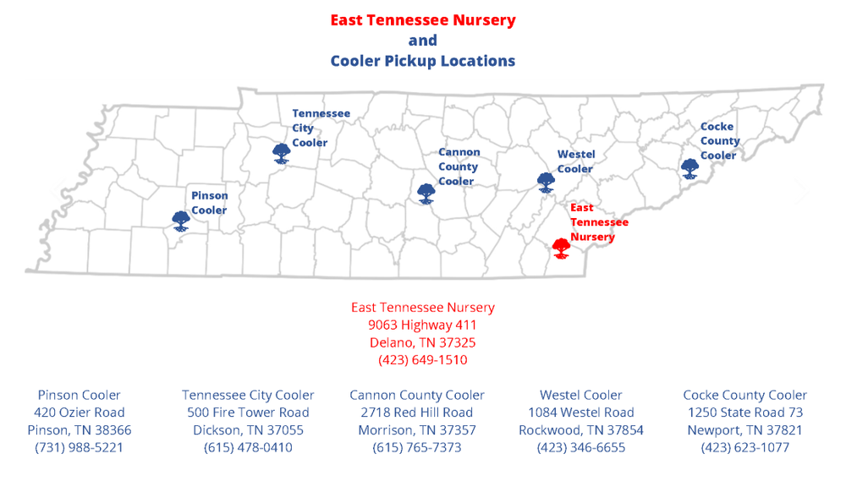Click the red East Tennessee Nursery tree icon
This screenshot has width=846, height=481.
pos(560,248)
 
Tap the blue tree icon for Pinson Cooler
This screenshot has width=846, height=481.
pos(180,221)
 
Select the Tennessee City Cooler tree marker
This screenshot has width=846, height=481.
pos(282,153)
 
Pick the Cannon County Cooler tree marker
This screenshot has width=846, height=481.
pos(426,194)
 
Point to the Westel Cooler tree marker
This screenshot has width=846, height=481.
pos(547,183)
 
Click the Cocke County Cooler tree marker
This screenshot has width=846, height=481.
pos(690,169)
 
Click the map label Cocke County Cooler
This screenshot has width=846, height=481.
pos(719,141)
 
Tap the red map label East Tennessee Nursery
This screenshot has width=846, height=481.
pos(598,222)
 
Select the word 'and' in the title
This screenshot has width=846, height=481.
pos(422,41)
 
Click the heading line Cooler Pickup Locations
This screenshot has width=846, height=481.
pos(422,61)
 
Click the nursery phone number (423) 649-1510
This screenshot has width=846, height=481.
pos(422,360)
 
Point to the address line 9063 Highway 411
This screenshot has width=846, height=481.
pos(422,325)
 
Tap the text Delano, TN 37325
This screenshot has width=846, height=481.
pos(422,342)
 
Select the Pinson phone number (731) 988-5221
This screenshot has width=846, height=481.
pos(79,447)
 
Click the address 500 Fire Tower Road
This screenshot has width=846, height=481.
pos(248,413)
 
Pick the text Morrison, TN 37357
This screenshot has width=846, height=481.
pos(417,430)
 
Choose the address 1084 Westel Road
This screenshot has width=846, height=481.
pos(581,413)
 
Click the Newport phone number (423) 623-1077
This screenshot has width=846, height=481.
pos(744,447)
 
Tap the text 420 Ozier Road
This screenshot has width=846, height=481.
pos(79,413)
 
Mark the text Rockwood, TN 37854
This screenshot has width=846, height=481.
pos(581,430)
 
